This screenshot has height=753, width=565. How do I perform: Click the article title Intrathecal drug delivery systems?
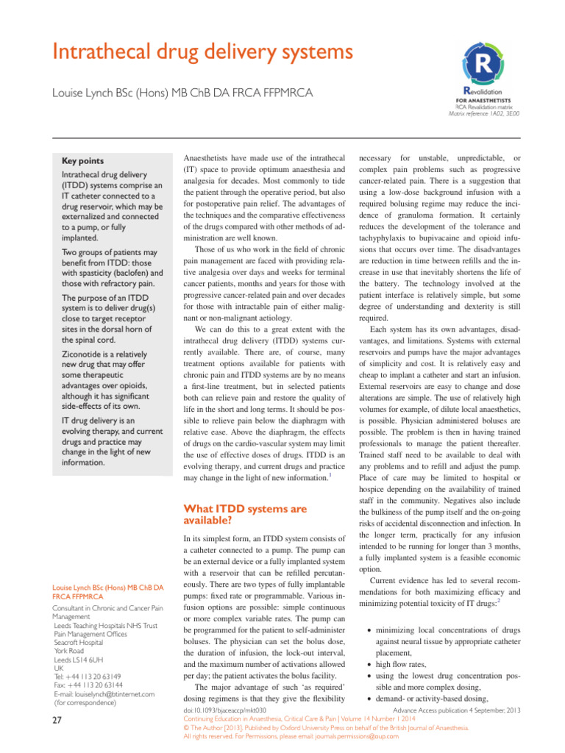pyautogui.click(x=191, y=52)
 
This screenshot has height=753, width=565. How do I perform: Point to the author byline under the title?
pyautogui.click(x=181, y=93)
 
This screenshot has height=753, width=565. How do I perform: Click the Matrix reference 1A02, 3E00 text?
pyautogui.click(x=483, y=114)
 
